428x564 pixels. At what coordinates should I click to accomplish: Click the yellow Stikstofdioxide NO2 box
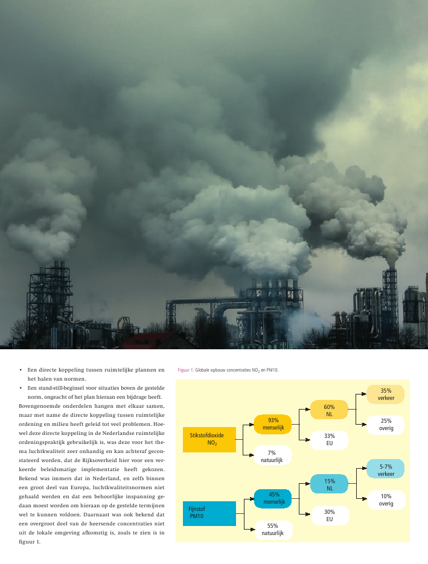(209, 439)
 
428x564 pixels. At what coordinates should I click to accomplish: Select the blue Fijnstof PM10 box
(209, 513)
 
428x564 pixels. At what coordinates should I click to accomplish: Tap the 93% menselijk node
(273, 424)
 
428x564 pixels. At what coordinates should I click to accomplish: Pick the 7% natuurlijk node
(272, 455)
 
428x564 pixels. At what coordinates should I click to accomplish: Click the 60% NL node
(329, 410)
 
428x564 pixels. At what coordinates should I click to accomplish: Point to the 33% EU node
(329, 440)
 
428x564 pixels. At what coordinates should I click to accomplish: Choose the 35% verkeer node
(386, 394)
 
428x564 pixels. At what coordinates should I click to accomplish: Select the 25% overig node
(386, 425)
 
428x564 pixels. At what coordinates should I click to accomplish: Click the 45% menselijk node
(273, 498)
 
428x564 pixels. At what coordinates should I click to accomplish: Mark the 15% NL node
(329, 484)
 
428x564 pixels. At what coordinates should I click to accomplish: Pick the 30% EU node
(330, 515)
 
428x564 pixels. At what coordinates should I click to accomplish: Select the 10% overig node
(386, 499)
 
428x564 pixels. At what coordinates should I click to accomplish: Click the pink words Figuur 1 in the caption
(185, 370)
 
